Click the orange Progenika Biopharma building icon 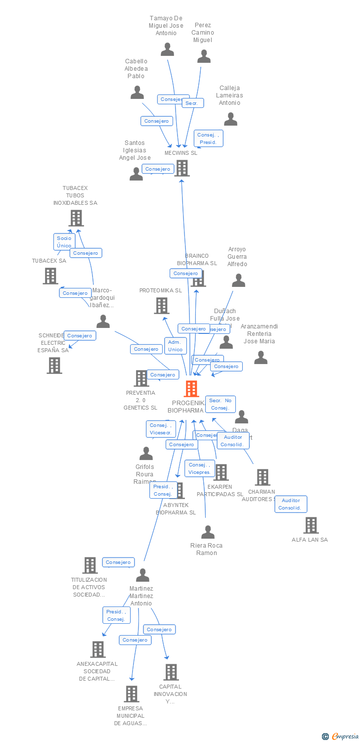click(x=191, y=389)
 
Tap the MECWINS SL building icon click(x=182, y=168)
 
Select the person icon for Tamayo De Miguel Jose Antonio click(x=168, y=49)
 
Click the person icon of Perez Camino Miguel click(x=204, y=56)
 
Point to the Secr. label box click(x=192, y=103)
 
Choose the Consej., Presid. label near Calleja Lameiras click(x=208, y=139)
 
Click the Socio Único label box click(x=64, y=242)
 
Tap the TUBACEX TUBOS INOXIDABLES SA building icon click(x=76, y=218)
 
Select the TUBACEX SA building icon click(x=50, y=276)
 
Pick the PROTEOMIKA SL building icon click(x=162, y=306)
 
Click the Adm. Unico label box click(x=175, y=346)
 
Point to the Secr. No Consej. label click(x=220, y=404)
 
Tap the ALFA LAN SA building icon click(x=311, y=525)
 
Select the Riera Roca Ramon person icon click(x=208, y=532)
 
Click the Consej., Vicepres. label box click(x=200, y=468)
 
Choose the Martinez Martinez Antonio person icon click(x=142, y=575)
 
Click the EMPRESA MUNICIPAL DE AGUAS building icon click(x=131, y=694)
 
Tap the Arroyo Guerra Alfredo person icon click(x=238, y=281)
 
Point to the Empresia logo click(x=341, y=737)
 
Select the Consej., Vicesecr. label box click(x=161, y=429)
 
